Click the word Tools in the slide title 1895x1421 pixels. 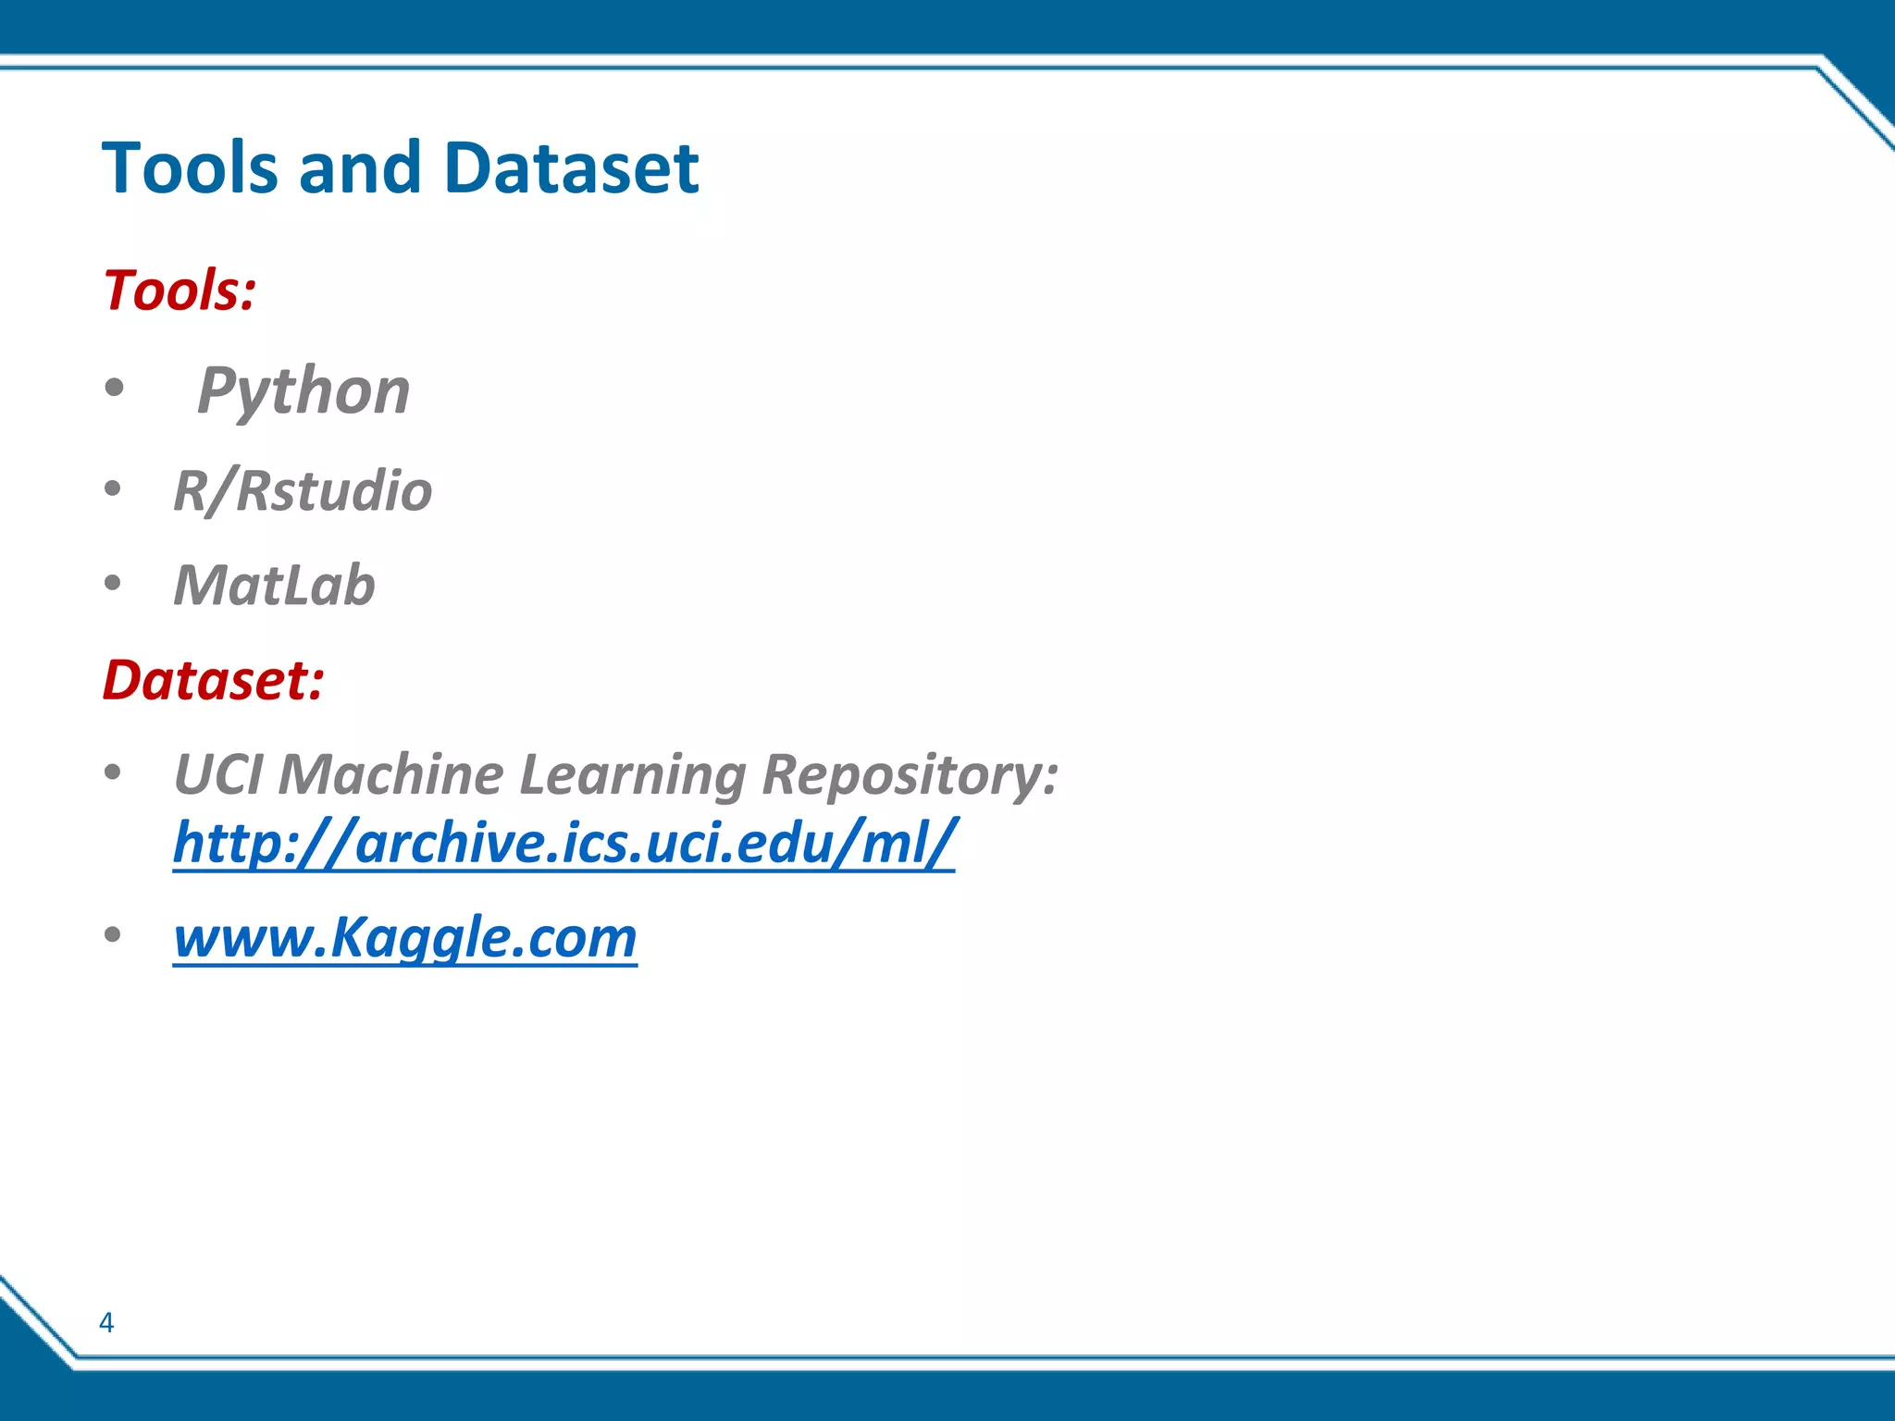(190, 168)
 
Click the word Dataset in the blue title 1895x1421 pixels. (571, 168)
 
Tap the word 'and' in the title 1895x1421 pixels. (360, 168)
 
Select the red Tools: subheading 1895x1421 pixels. (180, 290)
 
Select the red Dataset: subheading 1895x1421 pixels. (213, 680)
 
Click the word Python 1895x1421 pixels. (303, 390)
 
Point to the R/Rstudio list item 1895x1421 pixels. (303, 490)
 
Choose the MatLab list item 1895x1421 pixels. (274, 586)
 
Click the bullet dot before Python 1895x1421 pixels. (113, 389)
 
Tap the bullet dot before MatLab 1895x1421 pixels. (113, 584)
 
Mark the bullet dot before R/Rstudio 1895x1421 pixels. (113, 488)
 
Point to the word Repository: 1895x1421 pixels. (910, 774)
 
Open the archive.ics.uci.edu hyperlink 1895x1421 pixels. (564, 843)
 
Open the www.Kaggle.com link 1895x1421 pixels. (405, 937)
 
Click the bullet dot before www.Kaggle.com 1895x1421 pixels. (113, 935)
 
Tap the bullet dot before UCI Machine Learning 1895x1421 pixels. (113, 772)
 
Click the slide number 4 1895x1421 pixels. (106, 1323)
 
